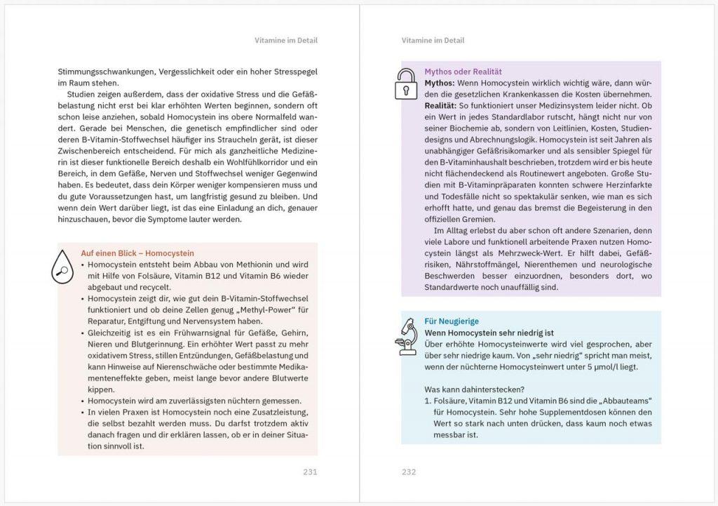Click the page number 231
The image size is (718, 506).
[x=310, y=472]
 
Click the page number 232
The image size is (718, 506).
[x=409, y=472]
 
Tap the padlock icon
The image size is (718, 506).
[x=405, y=86]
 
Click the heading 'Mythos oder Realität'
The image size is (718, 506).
[x=463, y=72]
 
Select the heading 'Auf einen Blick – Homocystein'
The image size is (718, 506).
[x=137, y=253]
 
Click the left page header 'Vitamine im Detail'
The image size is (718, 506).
[x=286, y=41]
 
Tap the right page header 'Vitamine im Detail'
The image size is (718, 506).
[x=433, y=41]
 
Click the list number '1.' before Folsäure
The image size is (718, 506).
[x=428, y=400]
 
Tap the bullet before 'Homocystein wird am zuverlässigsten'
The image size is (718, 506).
[x=83, y=401]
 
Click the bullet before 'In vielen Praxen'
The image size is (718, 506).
[x=83, y=412]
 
